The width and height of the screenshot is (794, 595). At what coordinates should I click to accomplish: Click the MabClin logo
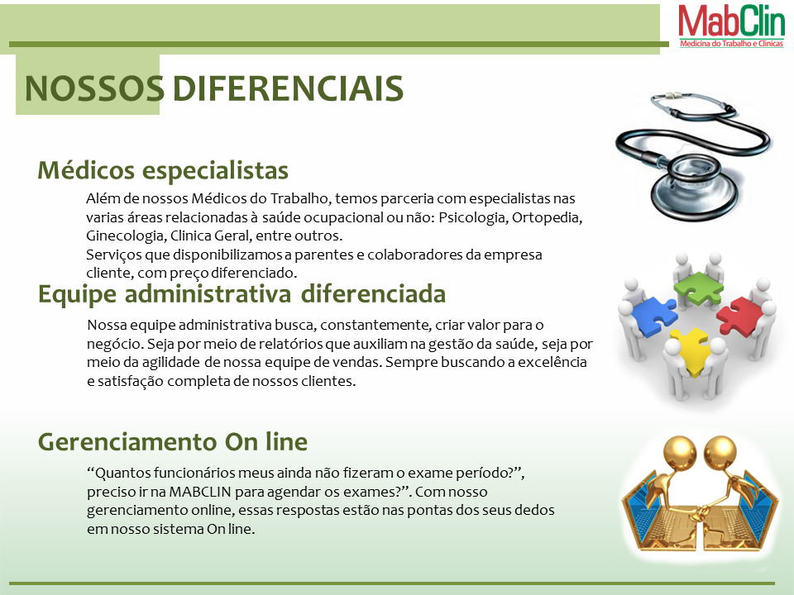[x=731, y=26]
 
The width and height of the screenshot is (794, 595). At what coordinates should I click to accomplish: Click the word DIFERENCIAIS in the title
[x=288, y=88]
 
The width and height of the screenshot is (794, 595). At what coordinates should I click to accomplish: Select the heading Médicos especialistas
[x=163, y=170]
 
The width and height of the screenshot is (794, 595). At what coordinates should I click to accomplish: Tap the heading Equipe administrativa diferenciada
[x=242, y=294]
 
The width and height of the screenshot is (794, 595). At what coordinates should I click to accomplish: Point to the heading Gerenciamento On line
[x=173, y=441]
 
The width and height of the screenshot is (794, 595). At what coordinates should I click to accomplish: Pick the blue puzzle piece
[x=653, y=316]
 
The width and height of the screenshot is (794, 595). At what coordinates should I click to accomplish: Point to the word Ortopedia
[x=548, y=217]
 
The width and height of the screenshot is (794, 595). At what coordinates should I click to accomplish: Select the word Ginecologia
[x=126, y=236]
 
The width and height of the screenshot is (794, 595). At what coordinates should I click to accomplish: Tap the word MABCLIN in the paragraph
[x=200, y=492]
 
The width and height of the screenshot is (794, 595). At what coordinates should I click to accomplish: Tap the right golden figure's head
[x=720, y=452]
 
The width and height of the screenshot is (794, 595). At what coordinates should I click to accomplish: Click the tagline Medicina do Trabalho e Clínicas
[x=732, y=44]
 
